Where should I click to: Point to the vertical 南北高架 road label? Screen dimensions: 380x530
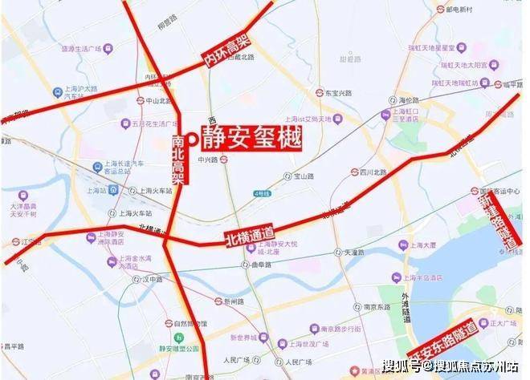[178, 160]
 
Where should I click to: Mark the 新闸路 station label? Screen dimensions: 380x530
[233, 301]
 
